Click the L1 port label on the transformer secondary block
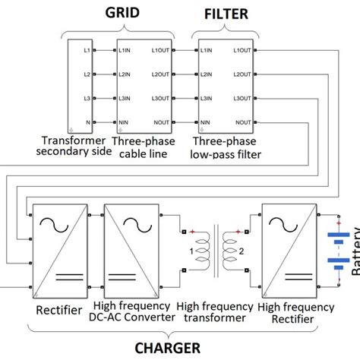pyautogui.click(x=88, y=50)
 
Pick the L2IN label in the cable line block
pyautogui.click(x=127, y=74)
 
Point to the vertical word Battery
pyautogui.click(x=355, y=254)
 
